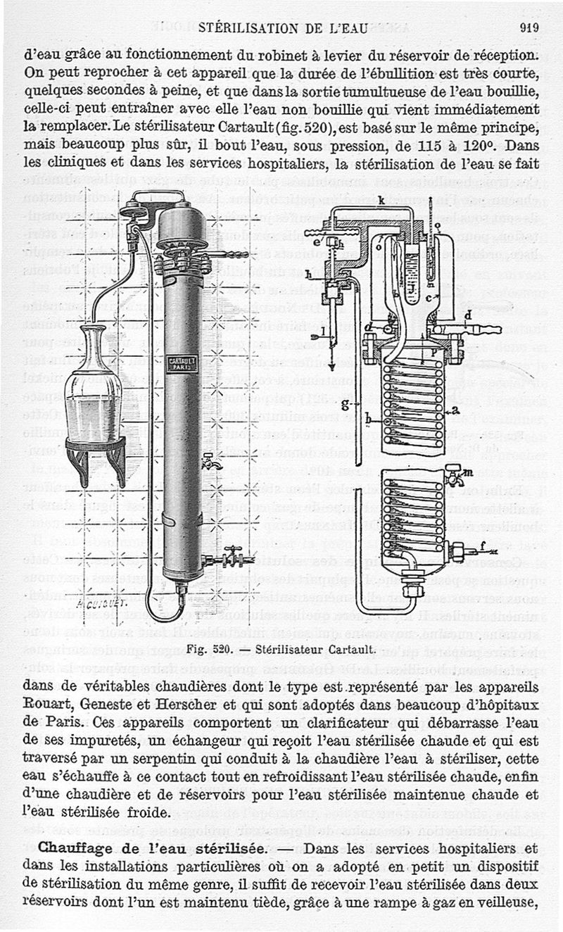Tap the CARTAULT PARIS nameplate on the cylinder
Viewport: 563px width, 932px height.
click(x=184, y=365)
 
